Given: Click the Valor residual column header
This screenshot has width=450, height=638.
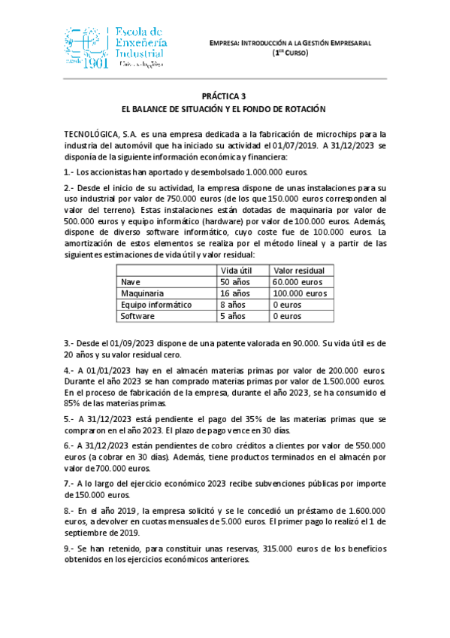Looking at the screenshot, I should [298, 270].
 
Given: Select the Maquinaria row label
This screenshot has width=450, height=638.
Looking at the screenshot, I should [143, 293].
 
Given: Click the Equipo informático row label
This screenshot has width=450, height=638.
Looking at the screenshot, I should [157, 305].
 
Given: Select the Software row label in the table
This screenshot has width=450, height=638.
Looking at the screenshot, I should [137, 316].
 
